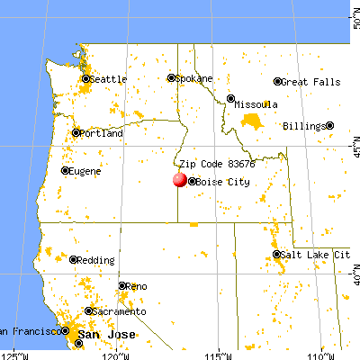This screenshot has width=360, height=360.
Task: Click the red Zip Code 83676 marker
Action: click(179, 180)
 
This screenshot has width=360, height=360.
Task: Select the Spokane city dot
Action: click(171, 78)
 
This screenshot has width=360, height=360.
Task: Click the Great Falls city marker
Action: click(277, 82)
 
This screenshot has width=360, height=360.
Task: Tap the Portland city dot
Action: click(76, 133)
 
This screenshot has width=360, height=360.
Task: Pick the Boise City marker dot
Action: click(192, 181)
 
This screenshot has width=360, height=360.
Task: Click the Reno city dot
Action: click(122, 286)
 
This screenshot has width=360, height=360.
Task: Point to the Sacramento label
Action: click(120, 311)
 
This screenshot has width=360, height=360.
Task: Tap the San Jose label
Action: click(100, 335)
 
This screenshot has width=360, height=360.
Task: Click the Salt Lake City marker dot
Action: click(277, 256)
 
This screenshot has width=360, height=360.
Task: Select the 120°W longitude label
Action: click(115, 353)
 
